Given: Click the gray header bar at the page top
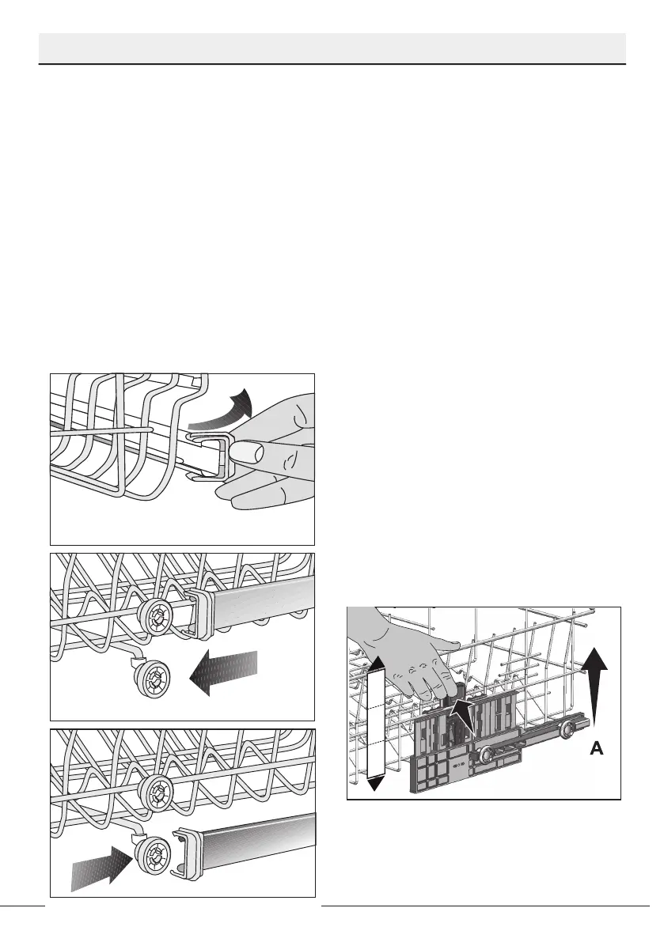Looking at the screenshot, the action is click(332, 48).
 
